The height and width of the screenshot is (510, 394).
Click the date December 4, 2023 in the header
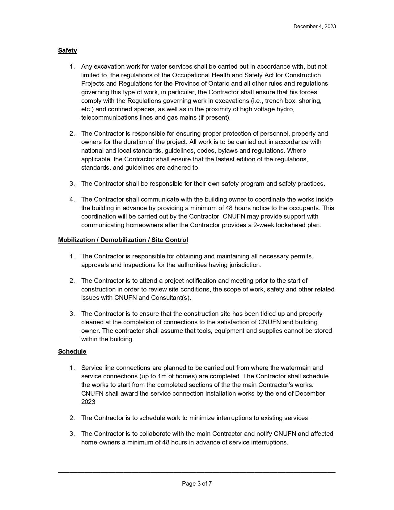pos(314,27)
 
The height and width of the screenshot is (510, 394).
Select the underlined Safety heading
pos(67,50)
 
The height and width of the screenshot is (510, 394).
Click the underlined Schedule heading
pos(72,352)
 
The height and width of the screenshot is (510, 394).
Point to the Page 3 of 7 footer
pos(197,484)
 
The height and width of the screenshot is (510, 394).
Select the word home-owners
pos(100,443)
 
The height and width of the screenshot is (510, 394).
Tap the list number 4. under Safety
pos(72,200)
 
